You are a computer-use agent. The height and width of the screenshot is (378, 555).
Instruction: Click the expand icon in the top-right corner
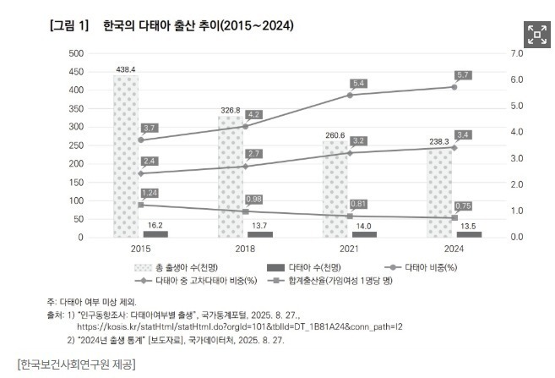(537, 34)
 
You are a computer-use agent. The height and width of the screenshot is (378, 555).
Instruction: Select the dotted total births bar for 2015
(126, 156)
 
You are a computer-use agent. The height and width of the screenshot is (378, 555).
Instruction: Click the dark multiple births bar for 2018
(259, 234)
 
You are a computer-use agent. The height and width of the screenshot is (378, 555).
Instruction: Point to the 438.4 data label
(126, 68)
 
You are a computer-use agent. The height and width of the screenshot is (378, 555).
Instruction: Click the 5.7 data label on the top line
(463, 75)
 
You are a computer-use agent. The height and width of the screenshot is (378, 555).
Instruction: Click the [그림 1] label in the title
(70, 26)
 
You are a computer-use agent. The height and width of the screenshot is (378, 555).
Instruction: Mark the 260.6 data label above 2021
(335, 134)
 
